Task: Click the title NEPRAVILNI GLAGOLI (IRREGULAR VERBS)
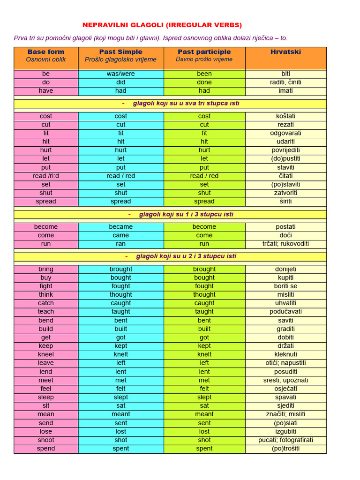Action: tap(162, 25)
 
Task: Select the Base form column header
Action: tap(46, 52)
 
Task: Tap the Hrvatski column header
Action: tap(285, 52)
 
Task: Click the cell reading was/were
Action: tap(120, 74)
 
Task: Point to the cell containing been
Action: tap(204, 74)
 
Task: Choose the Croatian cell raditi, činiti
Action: tap(285, 82)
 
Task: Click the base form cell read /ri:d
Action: tap(46, 176)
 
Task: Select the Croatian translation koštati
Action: tap(285, 116)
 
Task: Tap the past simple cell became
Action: tap(120, 226)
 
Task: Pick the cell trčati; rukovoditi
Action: tap(285, 244)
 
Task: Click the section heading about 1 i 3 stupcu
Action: tap(186, 214)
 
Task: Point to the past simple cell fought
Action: tap(120, 286)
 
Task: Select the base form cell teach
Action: tap(46, 312)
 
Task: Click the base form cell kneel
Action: tap(46, 354)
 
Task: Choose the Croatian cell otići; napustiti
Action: tap(285, 363)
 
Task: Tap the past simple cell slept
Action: tap(120, 397)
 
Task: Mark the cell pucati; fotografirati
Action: tap(285, 440)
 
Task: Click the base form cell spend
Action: tap(46, 449)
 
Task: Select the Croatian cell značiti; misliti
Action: tap(285, 414)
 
